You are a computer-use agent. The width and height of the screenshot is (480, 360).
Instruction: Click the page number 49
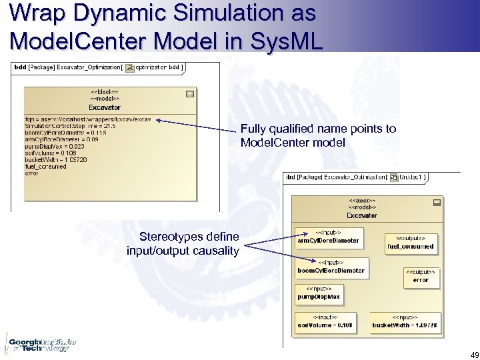coord(466,353)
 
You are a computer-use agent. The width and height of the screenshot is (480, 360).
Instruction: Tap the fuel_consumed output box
coord(411,243)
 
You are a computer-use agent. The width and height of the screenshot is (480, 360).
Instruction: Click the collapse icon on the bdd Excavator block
coord(190,93)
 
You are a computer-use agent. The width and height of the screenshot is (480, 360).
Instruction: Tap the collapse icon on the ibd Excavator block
coord(437,202)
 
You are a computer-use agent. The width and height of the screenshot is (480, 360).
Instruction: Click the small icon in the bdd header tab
coord(130,67)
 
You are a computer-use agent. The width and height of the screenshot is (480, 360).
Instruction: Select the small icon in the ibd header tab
coord(395,177)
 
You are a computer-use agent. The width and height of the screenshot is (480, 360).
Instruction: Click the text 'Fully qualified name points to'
coord(317,129)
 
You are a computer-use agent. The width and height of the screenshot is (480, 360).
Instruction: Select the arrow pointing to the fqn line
coord(193,125)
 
